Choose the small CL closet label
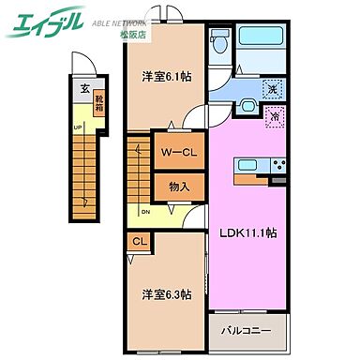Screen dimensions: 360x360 139,243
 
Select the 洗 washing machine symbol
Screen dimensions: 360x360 272,90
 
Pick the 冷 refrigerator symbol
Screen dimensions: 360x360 275,118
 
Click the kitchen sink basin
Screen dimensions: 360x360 248,166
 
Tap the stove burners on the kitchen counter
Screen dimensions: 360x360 278,167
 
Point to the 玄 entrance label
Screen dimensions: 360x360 84,90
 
